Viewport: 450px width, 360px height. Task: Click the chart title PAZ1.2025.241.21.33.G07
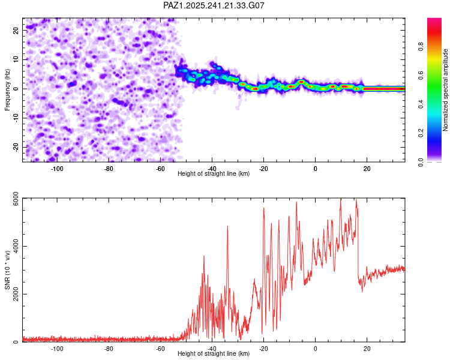214,5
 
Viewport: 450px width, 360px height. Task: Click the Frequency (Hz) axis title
7,88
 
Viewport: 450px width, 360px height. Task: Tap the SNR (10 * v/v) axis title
7,270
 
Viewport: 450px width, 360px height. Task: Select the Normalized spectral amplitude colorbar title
446,90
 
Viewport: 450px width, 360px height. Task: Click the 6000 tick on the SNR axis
12,199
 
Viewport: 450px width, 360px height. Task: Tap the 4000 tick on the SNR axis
12,246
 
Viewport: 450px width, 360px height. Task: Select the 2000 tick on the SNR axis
12,294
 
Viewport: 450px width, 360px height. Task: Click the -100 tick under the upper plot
57,169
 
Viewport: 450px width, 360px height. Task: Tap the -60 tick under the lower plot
160,349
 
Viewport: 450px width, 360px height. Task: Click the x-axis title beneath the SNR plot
214,354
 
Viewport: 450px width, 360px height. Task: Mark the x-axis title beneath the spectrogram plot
214,174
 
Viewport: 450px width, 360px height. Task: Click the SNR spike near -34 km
228,227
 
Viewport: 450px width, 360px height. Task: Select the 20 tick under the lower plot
367,349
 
